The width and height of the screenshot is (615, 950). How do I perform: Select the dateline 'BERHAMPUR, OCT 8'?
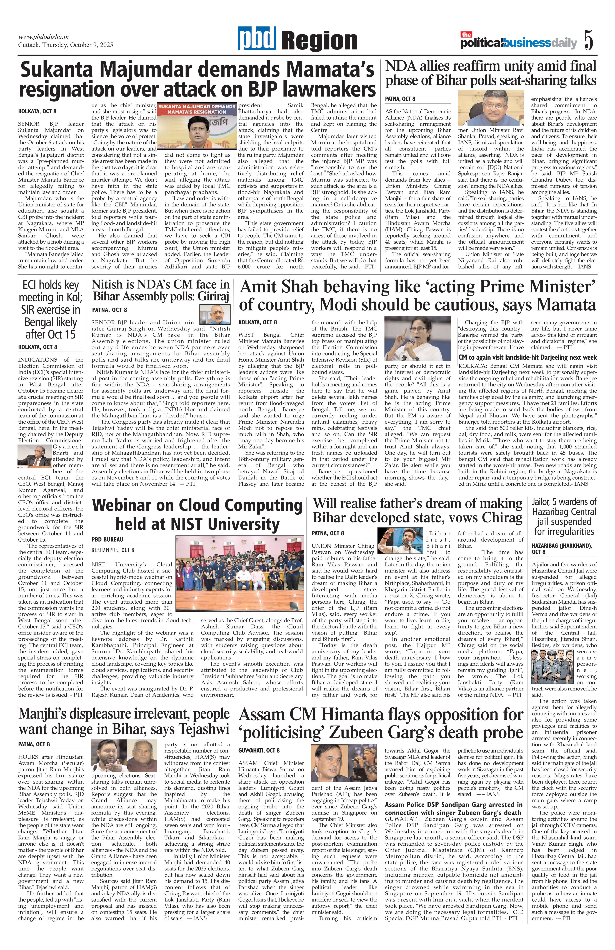point(113,550)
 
